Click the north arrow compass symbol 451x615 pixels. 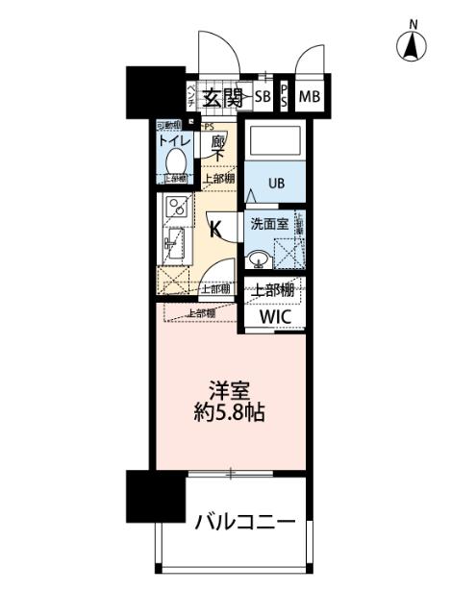(x=413, y=43)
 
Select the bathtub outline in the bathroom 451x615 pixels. (x=275, y=143)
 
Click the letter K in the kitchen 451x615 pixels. (x=216, y=229)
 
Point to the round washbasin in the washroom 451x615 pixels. (x=258, y=258)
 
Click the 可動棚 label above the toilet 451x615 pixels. (x=169, y=125)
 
